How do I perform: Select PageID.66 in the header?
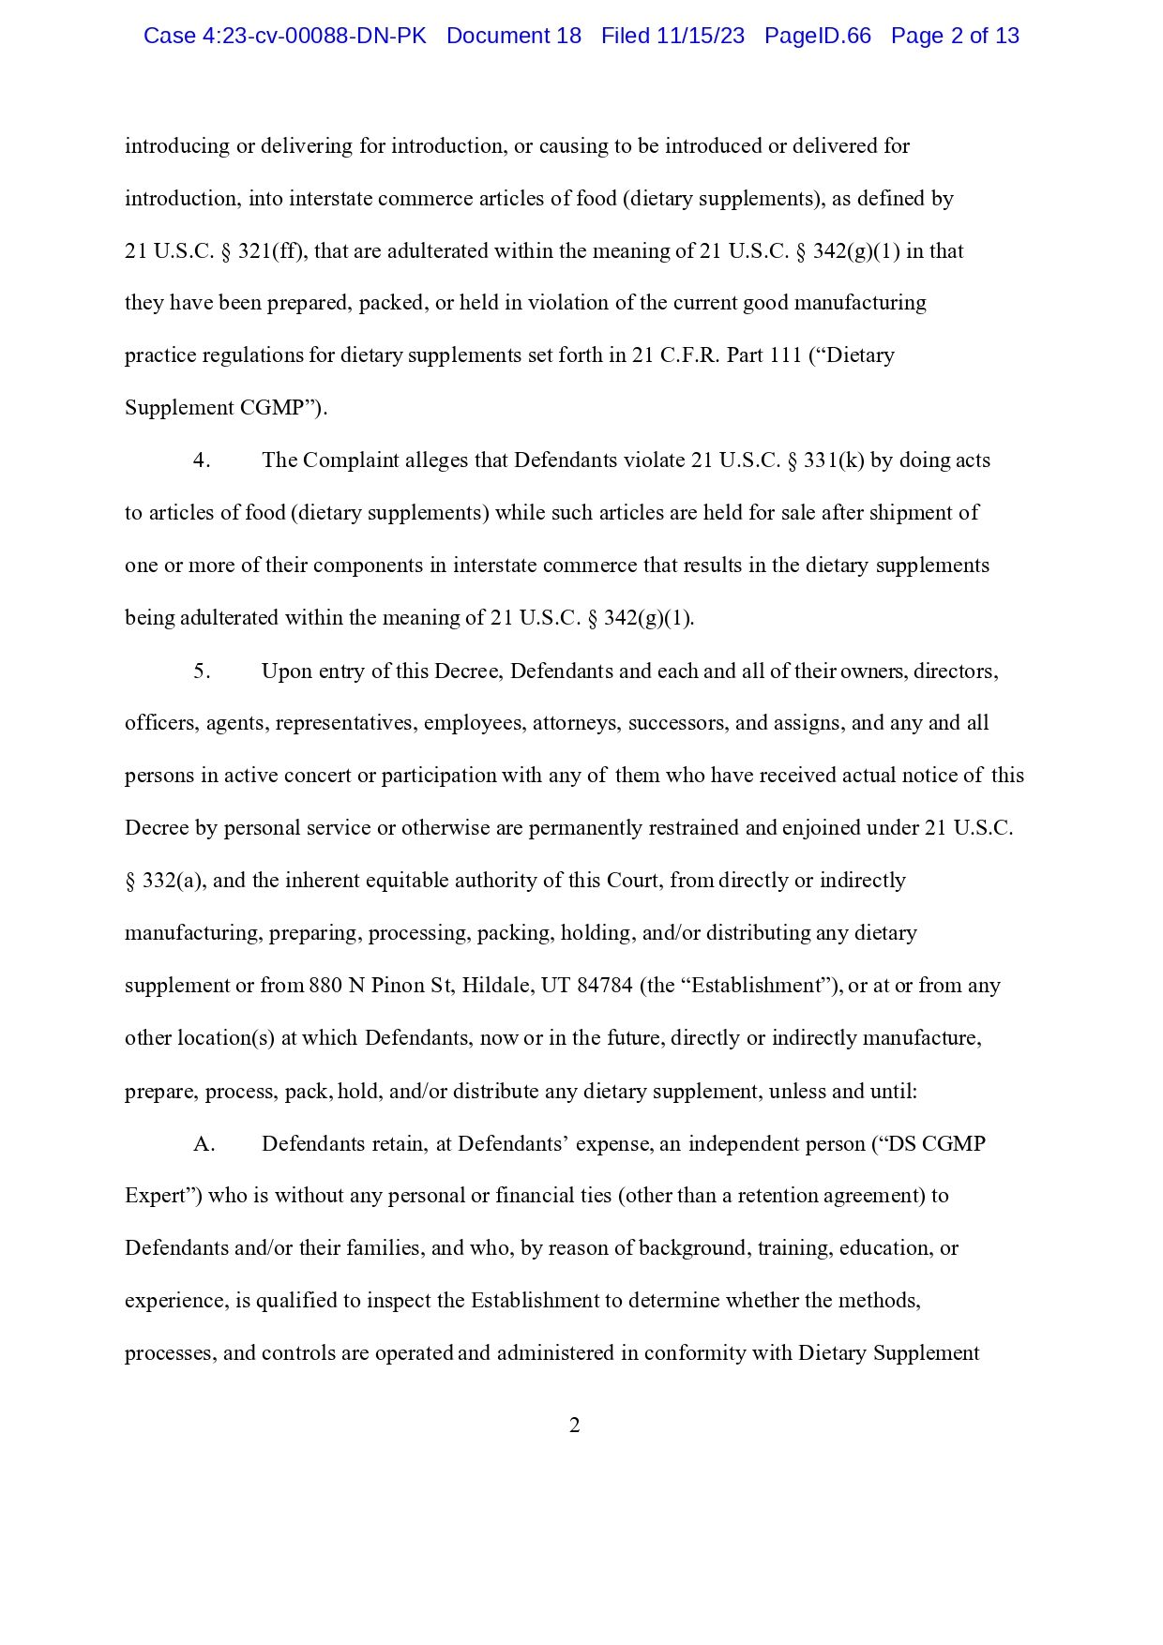tap(817, 36)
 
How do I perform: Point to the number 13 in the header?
tap(1007, 36)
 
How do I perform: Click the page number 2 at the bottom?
tap(575, 1426)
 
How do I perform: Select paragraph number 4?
tap(201, 460)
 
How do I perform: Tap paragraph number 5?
tap(201, 672)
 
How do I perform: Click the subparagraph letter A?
tap(204, 1144)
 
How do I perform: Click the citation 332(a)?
tap(173, 881)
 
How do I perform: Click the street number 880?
tap(325, 986)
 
